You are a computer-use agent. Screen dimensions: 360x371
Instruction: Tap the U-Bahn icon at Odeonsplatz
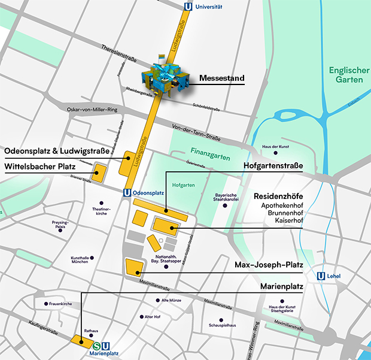(127, 193)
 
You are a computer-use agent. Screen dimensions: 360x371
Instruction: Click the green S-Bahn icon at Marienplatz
(97, 345)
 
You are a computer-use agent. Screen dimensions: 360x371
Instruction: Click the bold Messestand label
(221, 78)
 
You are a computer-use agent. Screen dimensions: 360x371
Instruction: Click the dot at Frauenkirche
(45, 304)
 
